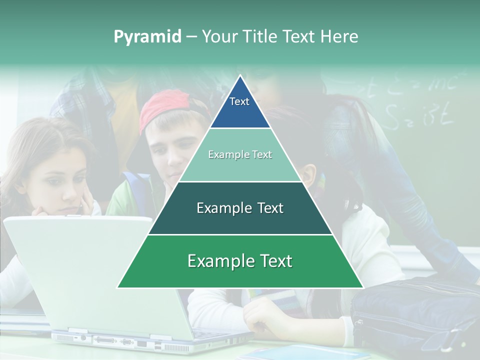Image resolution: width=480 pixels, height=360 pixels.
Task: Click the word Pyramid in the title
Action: (x=147, y=37)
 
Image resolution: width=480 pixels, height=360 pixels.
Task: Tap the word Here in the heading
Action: (x=339, y=36)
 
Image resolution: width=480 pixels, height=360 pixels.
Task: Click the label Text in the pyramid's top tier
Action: (x=239, y=101)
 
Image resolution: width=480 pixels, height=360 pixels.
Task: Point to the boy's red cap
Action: (x=165, y=107)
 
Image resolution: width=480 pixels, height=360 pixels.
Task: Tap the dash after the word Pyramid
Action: (x=191, y=37)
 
